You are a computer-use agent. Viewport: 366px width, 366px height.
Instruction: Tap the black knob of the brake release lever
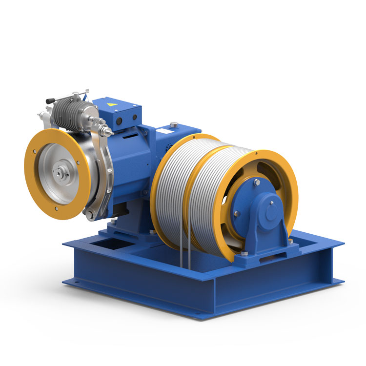pos(50,101)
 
